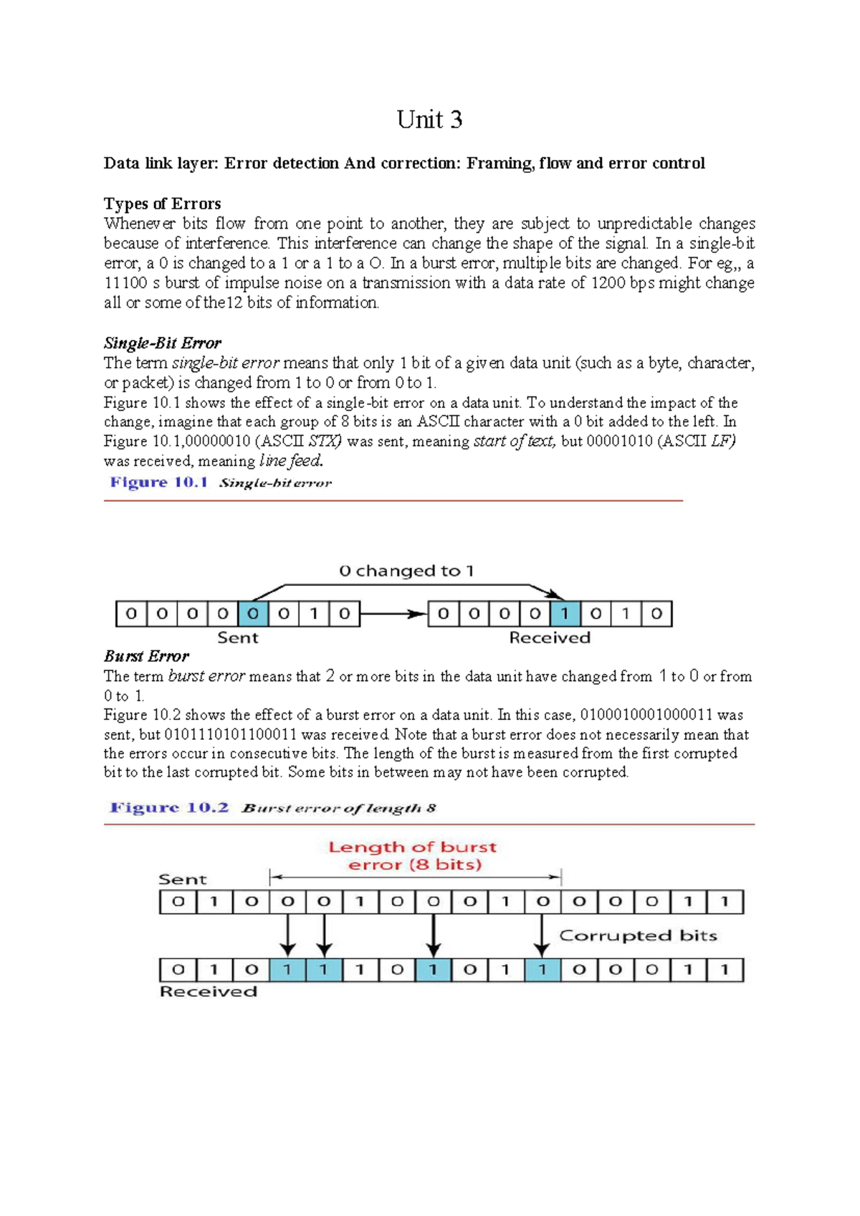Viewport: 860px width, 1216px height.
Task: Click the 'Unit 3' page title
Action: [x=429, y=119]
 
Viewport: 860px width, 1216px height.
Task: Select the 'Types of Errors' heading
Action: [x=162, y=204]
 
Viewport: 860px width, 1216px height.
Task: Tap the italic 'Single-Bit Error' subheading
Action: [x=163, y=343]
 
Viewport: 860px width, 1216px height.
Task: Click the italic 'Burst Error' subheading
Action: [x=146, y=656]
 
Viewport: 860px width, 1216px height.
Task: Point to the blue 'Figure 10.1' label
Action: [x=158, y=483]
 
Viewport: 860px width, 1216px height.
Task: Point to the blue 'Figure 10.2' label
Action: [x=169, y=808]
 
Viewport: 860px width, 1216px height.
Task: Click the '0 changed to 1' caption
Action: [x=406, y=571]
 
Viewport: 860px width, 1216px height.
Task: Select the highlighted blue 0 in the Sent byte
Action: [x=253, y=614]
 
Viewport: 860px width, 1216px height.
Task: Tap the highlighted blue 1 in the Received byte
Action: [x=565, y=614]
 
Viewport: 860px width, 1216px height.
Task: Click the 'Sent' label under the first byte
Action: [x=237, y=637]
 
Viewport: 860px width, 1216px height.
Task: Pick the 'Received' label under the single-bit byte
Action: [x=550, y=637]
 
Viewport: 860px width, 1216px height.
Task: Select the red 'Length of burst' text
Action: [x=412, y=847]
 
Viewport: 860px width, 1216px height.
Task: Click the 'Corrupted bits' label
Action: [x=638, y=936]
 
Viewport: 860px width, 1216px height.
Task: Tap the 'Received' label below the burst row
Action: [x=208, y=992]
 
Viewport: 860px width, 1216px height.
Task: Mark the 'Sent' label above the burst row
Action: [x=182, y=880]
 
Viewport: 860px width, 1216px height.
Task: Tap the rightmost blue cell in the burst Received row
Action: [x=543, y=970]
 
